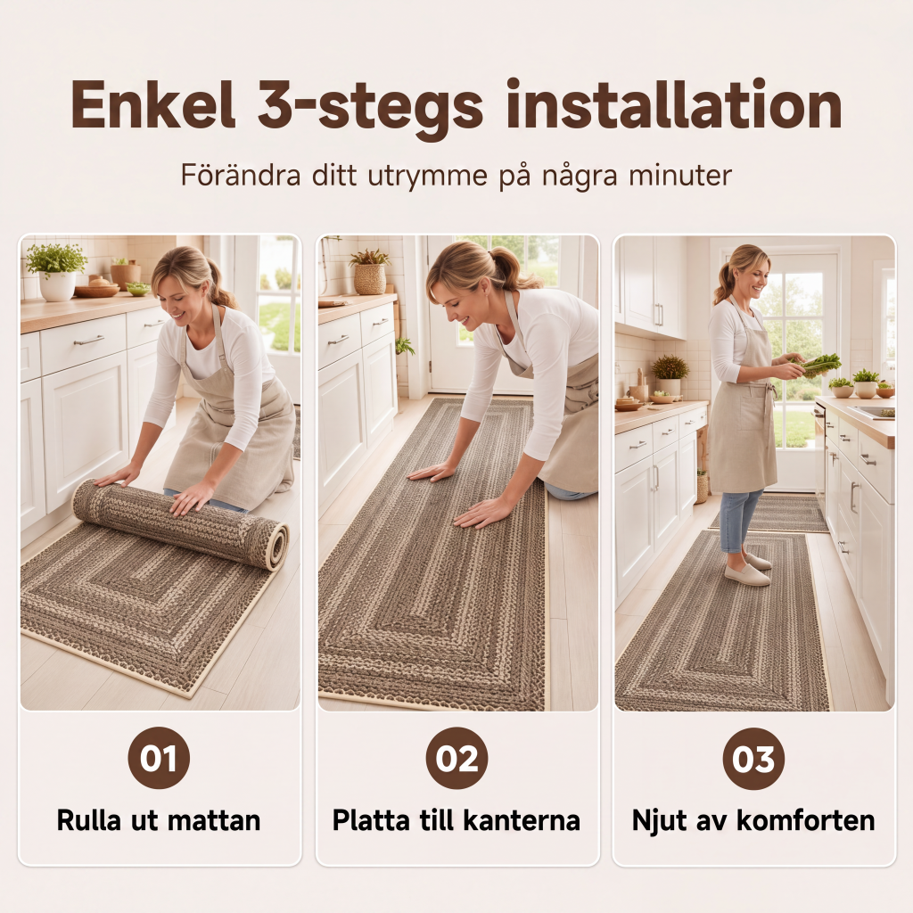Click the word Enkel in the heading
153,105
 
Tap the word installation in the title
674,104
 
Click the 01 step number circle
159,758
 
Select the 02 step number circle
456,758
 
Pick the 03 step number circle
753,759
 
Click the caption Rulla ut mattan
159,820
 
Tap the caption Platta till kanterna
456,820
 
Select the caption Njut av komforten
753,821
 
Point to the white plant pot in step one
57,285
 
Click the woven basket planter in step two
370,279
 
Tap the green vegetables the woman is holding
819,365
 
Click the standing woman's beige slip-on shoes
748,570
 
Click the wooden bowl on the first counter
96,291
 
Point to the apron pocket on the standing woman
751,407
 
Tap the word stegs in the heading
401,108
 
